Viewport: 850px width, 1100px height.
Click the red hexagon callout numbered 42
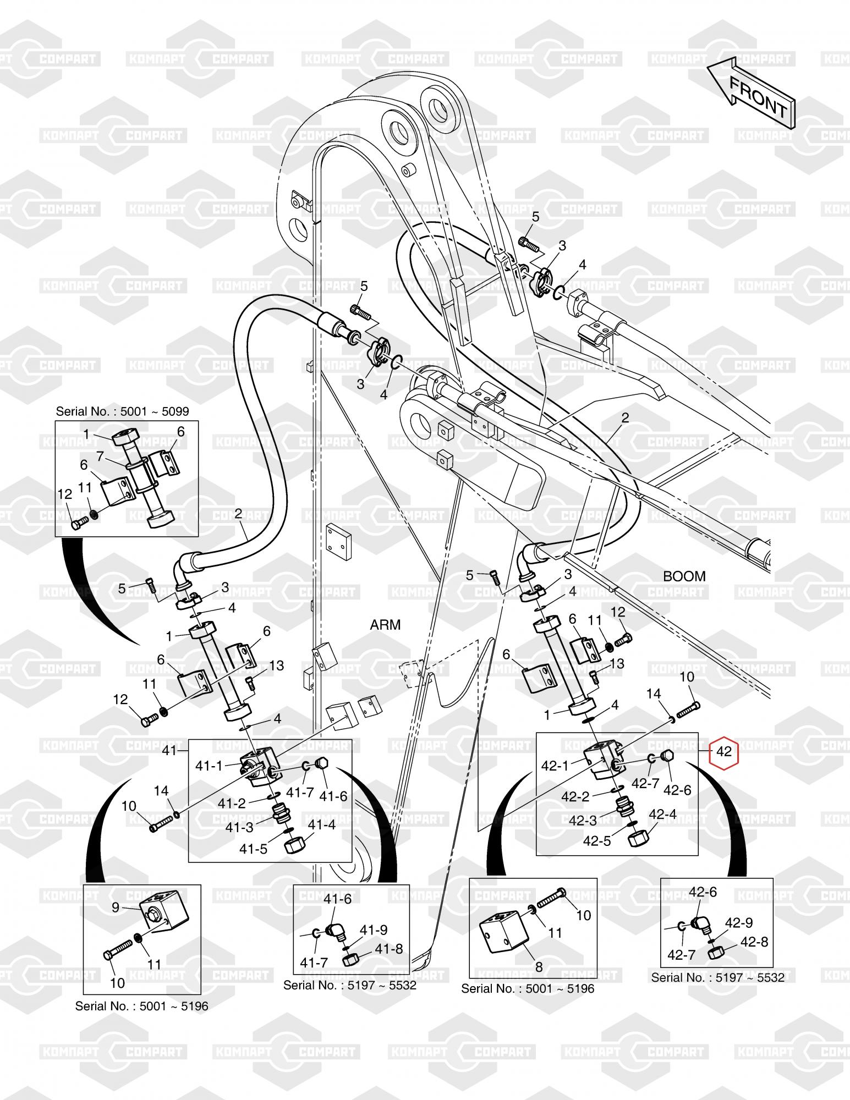724,751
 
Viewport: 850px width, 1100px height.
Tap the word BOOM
684,576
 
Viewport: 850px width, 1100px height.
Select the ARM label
385,624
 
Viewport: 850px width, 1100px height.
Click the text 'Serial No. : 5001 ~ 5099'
123,412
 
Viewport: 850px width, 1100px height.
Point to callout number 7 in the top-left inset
100,455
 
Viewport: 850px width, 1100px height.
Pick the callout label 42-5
597,841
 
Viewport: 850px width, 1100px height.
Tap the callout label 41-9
374,930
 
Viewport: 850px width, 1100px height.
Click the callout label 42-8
754,941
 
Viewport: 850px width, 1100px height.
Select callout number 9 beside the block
115,907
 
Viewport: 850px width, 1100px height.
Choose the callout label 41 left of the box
169,750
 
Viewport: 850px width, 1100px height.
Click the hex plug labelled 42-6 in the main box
666,757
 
